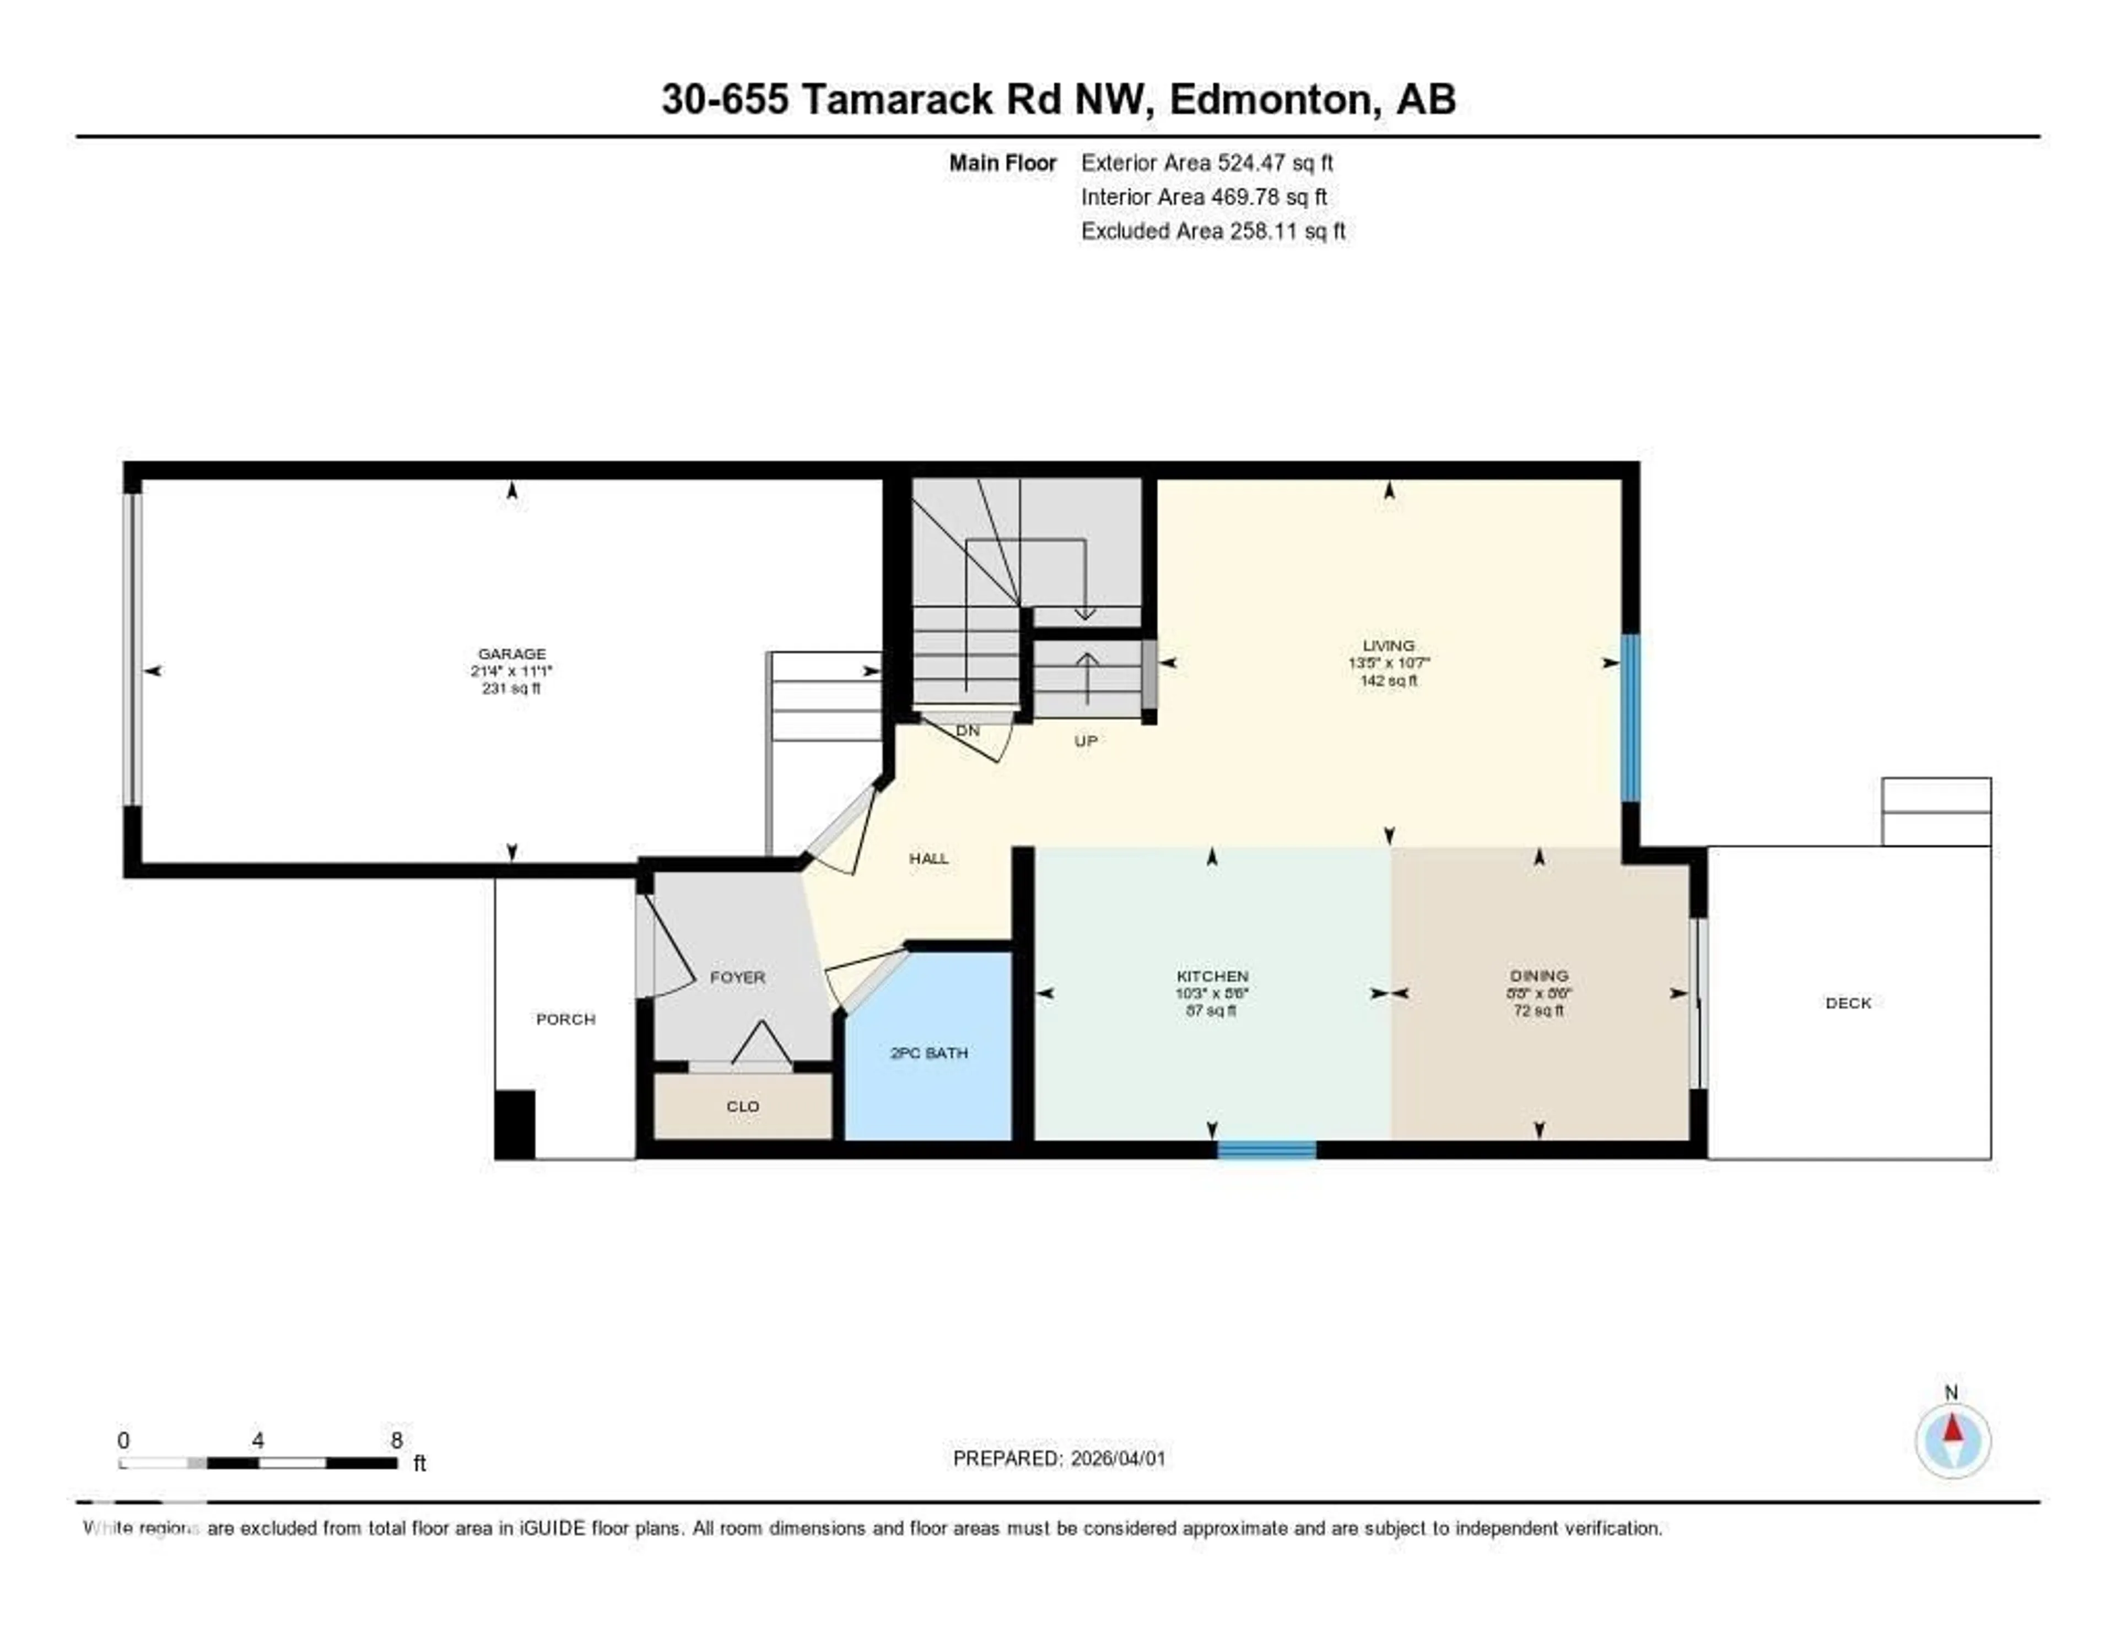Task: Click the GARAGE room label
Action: pos(511,654)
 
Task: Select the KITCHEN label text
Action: pos(1212,976)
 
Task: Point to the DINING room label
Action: pos(1539,975)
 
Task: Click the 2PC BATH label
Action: pos(928,1053)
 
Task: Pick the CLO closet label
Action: pos(743,1106)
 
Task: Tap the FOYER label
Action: pos(737,977)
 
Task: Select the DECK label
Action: pos(1848,1003)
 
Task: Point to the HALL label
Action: pos(928,858)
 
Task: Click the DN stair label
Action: pos(967,731)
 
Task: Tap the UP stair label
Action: pos(1085,741)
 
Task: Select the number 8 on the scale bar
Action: pos(396,1440)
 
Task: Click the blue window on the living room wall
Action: pos(1631,718)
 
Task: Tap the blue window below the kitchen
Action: pos(1266,1150)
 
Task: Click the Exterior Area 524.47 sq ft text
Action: pos(1206,163)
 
